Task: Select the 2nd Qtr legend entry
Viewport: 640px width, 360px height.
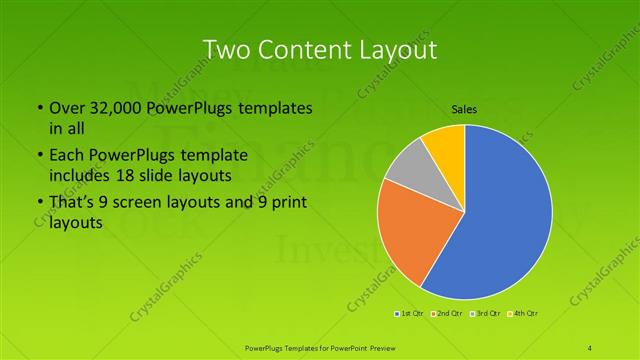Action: [447, 314]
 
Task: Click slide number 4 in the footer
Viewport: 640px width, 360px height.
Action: [590, 346]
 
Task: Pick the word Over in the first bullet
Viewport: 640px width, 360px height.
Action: [67, 108]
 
